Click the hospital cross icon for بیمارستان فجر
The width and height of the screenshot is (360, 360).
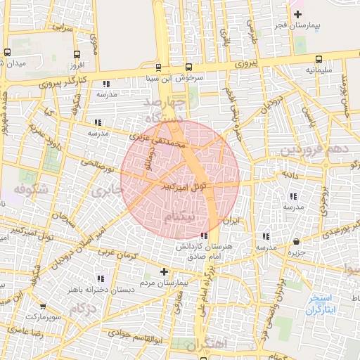click(298, 14)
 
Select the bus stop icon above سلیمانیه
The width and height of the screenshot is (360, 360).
click(319, 59)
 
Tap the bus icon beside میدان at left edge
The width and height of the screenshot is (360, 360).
click(7, 52)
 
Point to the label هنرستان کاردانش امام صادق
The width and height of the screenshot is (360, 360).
click(204, 252)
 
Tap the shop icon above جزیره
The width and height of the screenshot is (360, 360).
click(296, 242)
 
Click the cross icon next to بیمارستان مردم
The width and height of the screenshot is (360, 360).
click(165, 271)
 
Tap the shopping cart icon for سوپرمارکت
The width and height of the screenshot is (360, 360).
click(43, 307)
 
